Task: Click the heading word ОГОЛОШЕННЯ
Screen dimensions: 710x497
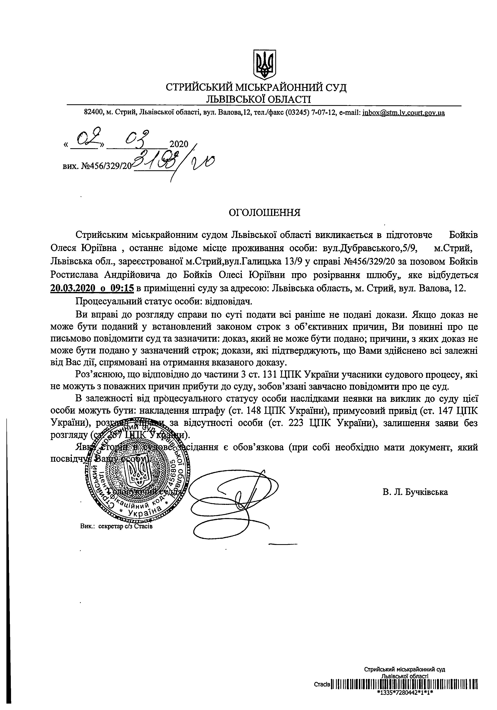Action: click(264, 213)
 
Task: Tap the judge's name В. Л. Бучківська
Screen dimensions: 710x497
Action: click(415, 492)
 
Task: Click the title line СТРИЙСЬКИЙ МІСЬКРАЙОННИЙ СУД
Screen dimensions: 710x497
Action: click(256, 87)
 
